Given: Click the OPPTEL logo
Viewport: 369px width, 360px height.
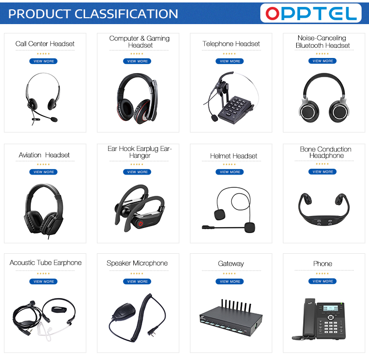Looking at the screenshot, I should tap(311, 13).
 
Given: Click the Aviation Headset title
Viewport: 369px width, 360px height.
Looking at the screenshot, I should tap(44, 155).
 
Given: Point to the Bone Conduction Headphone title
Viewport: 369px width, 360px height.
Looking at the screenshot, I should tap(325, 152).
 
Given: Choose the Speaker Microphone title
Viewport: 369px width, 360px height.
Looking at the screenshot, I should tap(137, 263).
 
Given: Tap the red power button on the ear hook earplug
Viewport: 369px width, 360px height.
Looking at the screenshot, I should tap(140, 223).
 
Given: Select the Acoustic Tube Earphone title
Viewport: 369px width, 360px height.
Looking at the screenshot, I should tap(46, 263).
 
